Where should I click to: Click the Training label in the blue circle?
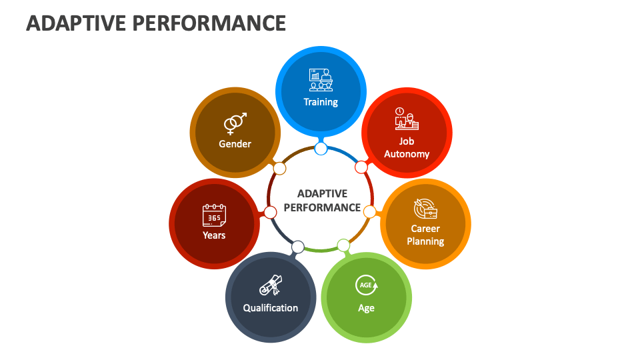pos(321,102)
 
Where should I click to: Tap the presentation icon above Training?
pos(321,79)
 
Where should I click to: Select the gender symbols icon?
pos(235,123)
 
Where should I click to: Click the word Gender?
pos(235,144)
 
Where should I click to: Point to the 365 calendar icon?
pos(214,215)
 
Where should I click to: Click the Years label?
pos(214,235)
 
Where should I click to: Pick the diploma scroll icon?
pos(271,285)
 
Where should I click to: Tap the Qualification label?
pos(271,308)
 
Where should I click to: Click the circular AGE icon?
pos(367,285)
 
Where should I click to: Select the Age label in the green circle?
pos(366,308)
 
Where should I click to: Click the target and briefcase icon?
pos(425,209)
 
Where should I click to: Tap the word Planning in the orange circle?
pos(425,241)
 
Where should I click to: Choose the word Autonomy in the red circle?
pos(407,154)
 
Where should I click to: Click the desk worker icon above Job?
pos(407,119)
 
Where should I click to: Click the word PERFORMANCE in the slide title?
pos(209,23)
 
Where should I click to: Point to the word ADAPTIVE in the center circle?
pos(322,193)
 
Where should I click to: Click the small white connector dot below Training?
pos(321,149)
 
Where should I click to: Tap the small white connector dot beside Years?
pos(270,212)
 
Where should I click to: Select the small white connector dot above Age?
pos(344,245)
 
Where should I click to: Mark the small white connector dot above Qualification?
pos(298,247)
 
